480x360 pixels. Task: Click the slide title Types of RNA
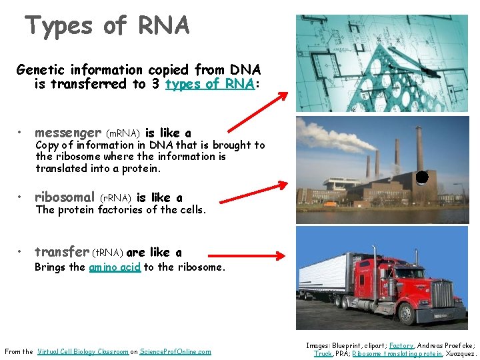107,26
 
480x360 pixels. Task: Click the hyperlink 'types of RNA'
209,84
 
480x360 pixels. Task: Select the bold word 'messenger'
68,133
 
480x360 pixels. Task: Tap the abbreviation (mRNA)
123,133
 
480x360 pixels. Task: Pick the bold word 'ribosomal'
65,197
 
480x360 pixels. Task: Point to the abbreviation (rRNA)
115,198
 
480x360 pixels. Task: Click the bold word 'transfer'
61,252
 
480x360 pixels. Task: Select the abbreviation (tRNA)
107,253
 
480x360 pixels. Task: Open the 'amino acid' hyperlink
115,267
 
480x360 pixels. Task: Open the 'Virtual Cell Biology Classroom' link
83,351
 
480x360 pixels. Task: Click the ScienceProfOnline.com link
175,351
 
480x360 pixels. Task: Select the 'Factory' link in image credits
401,345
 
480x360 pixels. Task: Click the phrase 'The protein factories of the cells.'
121,210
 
